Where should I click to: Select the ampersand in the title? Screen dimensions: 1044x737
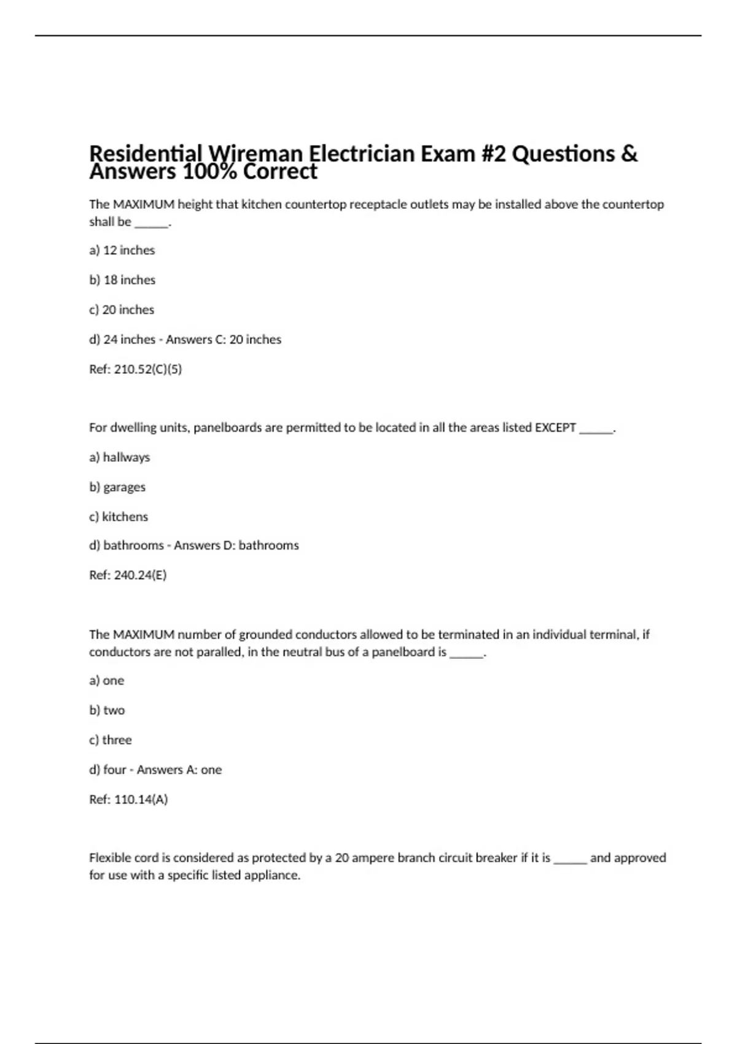(629, 153)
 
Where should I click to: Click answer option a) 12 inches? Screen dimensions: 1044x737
(122, 251)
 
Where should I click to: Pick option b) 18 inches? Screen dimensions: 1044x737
(122, 280)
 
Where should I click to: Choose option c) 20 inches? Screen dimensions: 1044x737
(122, 310)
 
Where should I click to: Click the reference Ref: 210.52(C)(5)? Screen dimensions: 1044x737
(135, 369)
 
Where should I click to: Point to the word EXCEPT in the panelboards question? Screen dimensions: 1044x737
(555, 427)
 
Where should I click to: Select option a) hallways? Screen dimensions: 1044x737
(119, 458)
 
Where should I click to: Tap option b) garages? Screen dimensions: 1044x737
(117, 487)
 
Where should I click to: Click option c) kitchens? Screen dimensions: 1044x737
(119, 516)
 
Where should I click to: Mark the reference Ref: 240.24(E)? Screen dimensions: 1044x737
(128, 575)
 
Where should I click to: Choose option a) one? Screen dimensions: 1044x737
(106, 680)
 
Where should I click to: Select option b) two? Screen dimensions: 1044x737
(107, 711)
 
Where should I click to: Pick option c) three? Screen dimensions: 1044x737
(111, 740)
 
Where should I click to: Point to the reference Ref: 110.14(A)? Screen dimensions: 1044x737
(128, 800)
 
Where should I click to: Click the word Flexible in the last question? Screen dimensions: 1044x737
(109, 858)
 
